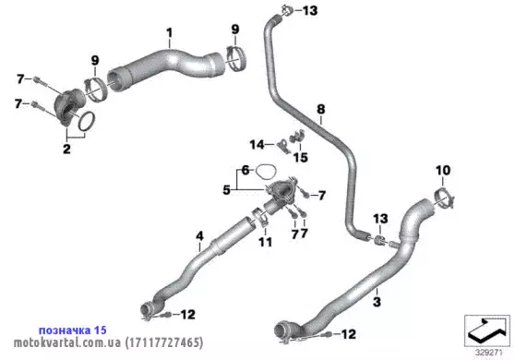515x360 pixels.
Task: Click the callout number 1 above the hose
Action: [x=169, y=33]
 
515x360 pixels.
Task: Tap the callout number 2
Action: [x=66, y=149]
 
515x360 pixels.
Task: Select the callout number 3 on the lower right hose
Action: [x=377, y=302]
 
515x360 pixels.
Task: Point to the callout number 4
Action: [x=199, y=235]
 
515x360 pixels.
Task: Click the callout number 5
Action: [x=227, y=190]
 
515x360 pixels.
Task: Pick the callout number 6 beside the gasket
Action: [x=246, y=170]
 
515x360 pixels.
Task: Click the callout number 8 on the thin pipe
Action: [x=321, y=109]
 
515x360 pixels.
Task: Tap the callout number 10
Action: [x=443, y=170]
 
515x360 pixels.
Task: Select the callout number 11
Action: [x=266, y=242]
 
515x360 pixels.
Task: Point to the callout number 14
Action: [x=257, y=145]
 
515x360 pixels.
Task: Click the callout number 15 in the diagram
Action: [x=301, y=157]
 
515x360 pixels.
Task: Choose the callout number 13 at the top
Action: [x=310, y=10]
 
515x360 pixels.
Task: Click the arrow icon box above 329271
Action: [x=487, y=330]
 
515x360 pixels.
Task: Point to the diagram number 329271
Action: [x=489, y=353]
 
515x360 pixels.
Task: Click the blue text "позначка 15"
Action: [x=73, y=330]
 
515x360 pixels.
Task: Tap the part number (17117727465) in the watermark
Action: [x=164, y=342]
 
